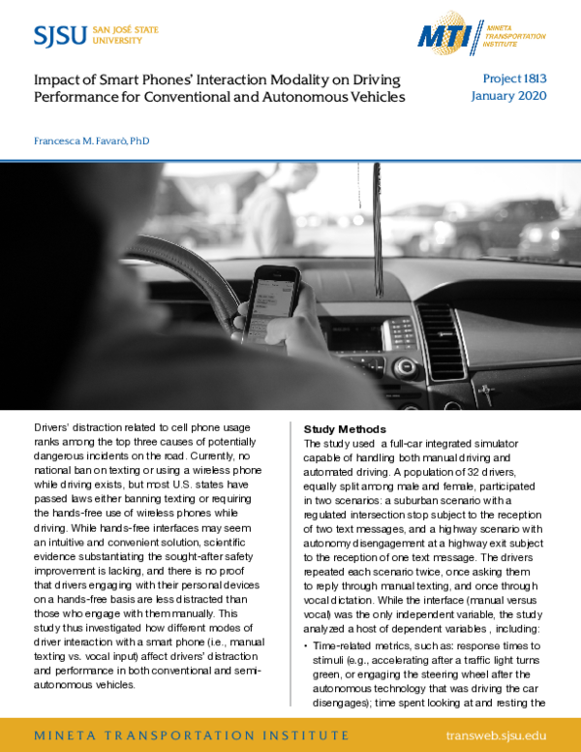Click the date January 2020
[x=509, y=96]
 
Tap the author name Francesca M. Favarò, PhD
[x=92, y=141]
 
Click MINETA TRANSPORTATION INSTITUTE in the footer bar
[x=172, y=736]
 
